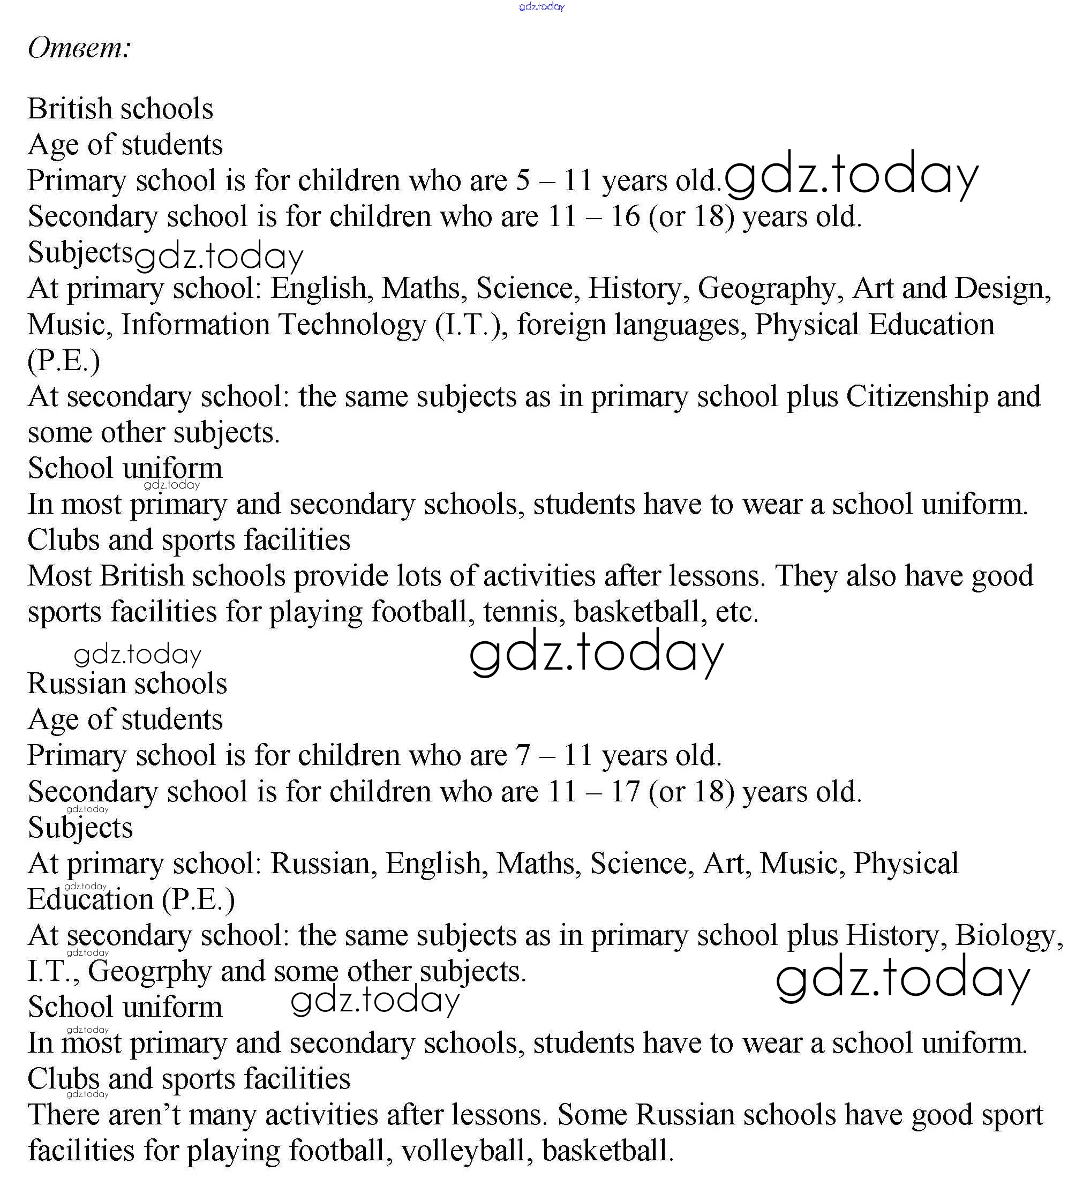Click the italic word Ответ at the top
tap(78, 48)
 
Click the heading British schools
tap(121, 109)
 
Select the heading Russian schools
tap(127, 684)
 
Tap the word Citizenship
tap(917, 396)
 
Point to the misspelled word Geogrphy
tap(149, 971)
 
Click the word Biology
tap(1009, 935)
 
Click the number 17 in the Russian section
tap(624, 792)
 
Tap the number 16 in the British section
tap(624, 216)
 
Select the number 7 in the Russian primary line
tap(523, 756)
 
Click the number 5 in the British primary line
tap(523, 181)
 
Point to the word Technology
tap(352, 325)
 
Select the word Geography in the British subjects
tap(766, 289)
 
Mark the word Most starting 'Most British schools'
tap(59, 576)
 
